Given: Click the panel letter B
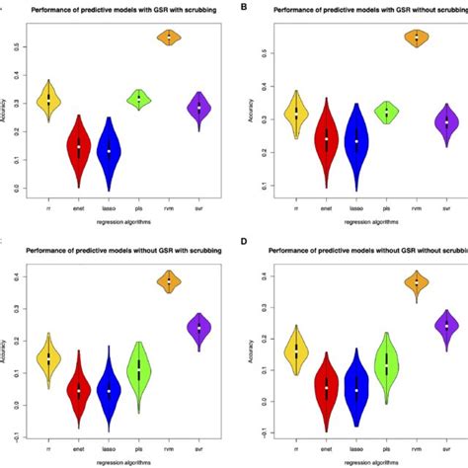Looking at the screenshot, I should click(244, 7).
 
